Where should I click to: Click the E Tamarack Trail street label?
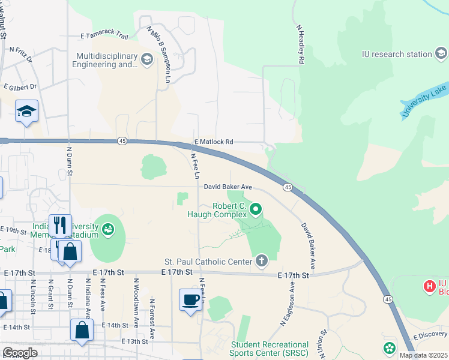(x=104, y=36)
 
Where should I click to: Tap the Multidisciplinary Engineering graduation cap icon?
(x=146, y=58)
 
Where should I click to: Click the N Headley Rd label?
(x=300, y=44)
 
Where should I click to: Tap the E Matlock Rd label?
(x=213, y=142)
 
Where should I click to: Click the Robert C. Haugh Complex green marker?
(x=256, y=209)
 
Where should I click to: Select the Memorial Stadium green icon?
(x=108, y=229)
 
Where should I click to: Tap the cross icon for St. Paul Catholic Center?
(x=261, y=261)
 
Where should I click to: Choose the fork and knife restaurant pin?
(x=60, y=225)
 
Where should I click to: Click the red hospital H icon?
(x=430, y=287)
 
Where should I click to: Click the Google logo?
(x=20, y=352)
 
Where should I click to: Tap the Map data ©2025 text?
(x=423, y=355)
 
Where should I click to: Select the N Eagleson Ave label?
(x=286, y=305)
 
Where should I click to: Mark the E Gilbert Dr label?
(x=20, y=86)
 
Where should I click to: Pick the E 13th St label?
(x=133, y=341)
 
